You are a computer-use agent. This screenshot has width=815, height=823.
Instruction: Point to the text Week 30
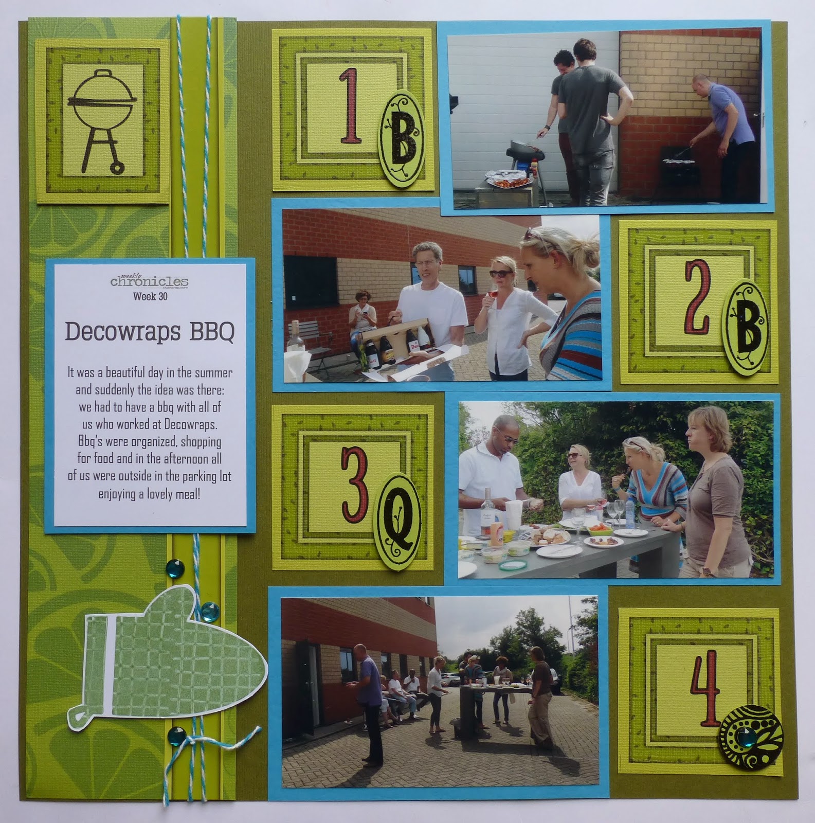coord(150,296)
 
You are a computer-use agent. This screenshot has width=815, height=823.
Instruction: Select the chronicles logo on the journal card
coord(149,281)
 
